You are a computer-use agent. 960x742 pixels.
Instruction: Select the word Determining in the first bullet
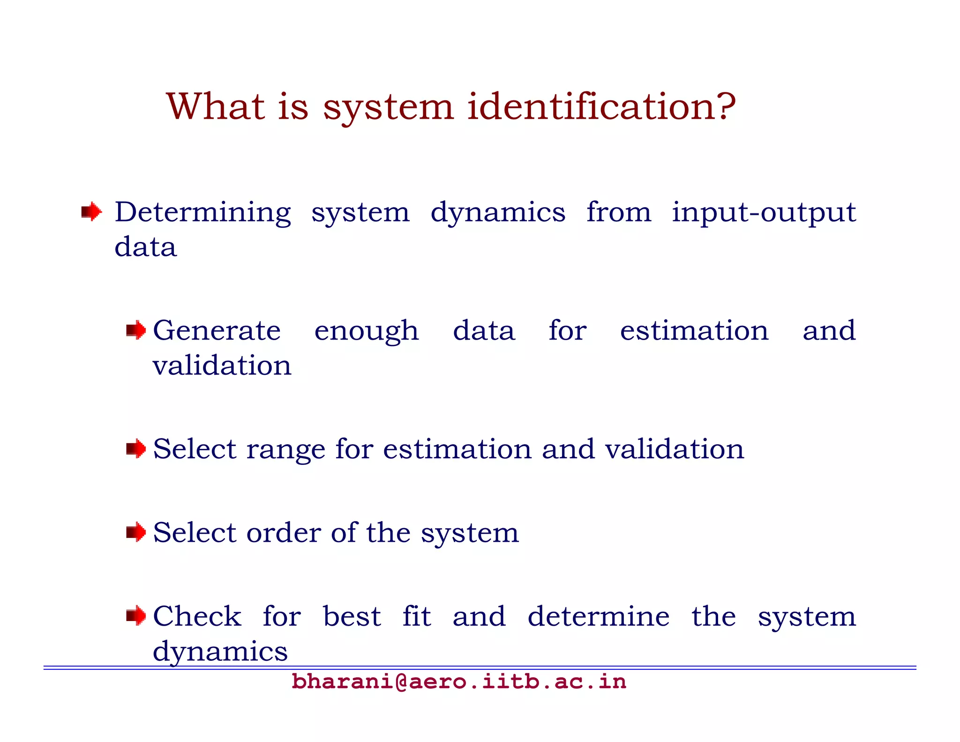click(202, 212)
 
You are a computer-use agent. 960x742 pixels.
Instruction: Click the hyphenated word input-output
click(764, 212)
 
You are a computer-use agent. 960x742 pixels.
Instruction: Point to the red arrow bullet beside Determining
click(91, 212)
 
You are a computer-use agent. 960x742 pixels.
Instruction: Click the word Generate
click(217, 331)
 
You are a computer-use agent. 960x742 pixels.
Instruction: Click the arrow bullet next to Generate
click(136, 331)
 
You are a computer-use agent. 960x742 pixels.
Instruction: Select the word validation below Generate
click(222, 365)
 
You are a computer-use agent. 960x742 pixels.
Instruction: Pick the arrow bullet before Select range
click(136, 449)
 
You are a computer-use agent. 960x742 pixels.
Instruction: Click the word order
click(283, 533)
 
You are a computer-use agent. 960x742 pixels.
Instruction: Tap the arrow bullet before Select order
click(136, 532)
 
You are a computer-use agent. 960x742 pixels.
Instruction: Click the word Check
click(197, 616)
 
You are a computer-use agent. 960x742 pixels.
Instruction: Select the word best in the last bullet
click(352, 616)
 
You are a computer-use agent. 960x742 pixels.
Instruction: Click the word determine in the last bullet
click(598, 616)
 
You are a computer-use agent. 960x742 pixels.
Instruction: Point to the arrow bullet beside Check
click(136, 616)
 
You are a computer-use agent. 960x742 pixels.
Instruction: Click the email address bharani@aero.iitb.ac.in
click(458, 681)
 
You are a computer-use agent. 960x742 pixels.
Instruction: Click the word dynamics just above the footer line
click(220, 652)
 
